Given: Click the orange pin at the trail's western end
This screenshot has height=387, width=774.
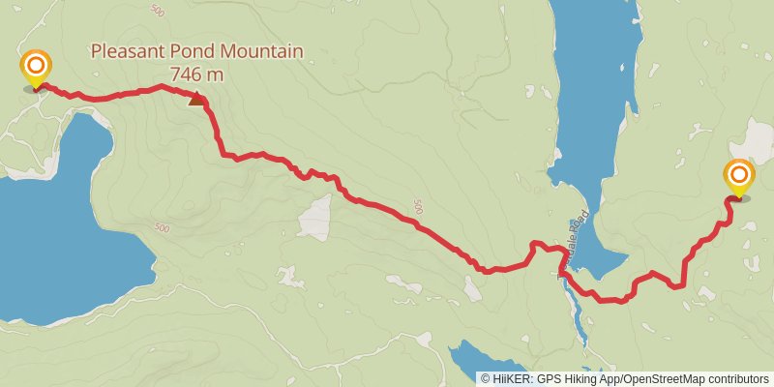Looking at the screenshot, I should click(36, 68).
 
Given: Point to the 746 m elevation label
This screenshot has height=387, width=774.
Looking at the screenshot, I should click(196, 74).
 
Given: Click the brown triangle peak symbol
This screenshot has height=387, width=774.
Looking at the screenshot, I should click(197, 98).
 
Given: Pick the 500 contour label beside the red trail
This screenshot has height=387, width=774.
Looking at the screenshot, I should click(418, 206).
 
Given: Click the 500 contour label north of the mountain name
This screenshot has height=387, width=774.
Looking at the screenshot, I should click(159, 10).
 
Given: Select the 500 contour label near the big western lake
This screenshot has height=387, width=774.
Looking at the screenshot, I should click(161, 228).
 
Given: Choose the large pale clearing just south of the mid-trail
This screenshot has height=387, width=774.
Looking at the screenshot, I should click(315, 219).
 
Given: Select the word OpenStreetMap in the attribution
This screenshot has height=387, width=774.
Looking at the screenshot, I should click(667, 378).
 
